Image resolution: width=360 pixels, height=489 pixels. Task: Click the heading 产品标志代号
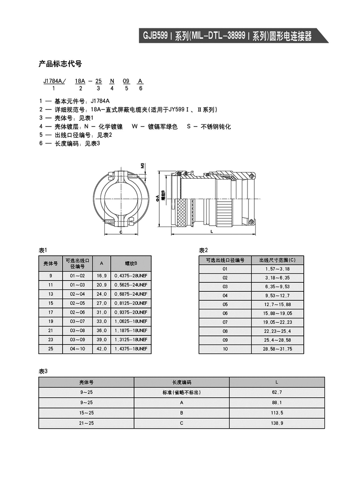coord(60,64)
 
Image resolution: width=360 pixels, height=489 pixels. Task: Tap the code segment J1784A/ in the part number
coord(54,81)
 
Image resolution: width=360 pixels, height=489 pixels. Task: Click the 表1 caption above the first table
coord(43,250)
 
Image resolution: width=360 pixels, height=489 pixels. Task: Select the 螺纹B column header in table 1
coord(130,263)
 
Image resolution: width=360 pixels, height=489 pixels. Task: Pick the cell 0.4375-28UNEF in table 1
coord(130,276)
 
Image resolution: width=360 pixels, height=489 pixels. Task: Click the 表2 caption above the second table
coord(203,250)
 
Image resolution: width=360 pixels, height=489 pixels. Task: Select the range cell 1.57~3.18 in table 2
coord(277,269)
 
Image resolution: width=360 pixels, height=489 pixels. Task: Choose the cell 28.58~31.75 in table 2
coord(277,349)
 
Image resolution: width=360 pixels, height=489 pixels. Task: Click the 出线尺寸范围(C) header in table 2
coord(277,260)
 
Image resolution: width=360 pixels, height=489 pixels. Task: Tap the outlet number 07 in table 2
coord(225,322)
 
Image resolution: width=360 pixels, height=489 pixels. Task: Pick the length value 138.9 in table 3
coord(277,423)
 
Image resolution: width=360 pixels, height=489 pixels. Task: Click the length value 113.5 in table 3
coord(277,413)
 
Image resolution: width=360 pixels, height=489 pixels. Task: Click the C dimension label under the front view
coord(121,231)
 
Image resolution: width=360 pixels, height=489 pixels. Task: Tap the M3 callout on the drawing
coord(142,166)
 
